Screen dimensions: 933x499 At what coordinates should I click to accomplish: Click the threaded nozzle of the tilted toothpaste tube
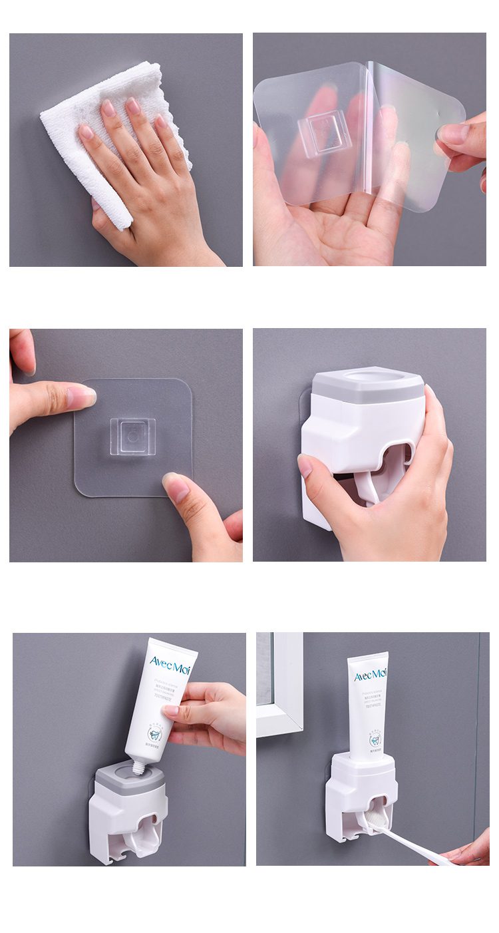[x=139, y=767]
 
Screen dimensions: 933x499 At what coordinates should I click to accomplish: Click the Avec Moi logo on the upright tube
[x=370, y=675]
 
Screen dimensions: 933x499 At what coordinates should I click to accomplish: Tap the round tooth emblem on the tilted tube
[x=154, y=734]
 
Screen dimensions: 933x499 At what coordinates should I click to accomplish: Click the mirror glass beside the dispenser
[x=264, y=665]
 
